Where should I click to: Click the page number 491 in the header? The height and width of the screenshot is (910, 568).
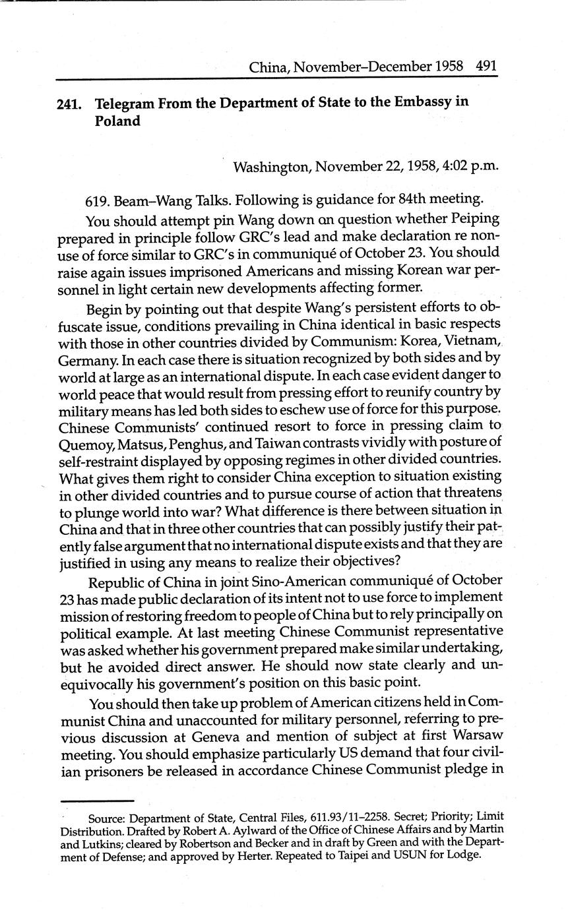[485, 67]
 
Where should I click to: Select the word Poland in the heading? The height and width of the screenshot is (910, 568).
[117, 121]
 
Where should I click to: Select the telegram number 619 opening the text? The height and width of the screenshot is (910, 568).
[97, 200]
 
